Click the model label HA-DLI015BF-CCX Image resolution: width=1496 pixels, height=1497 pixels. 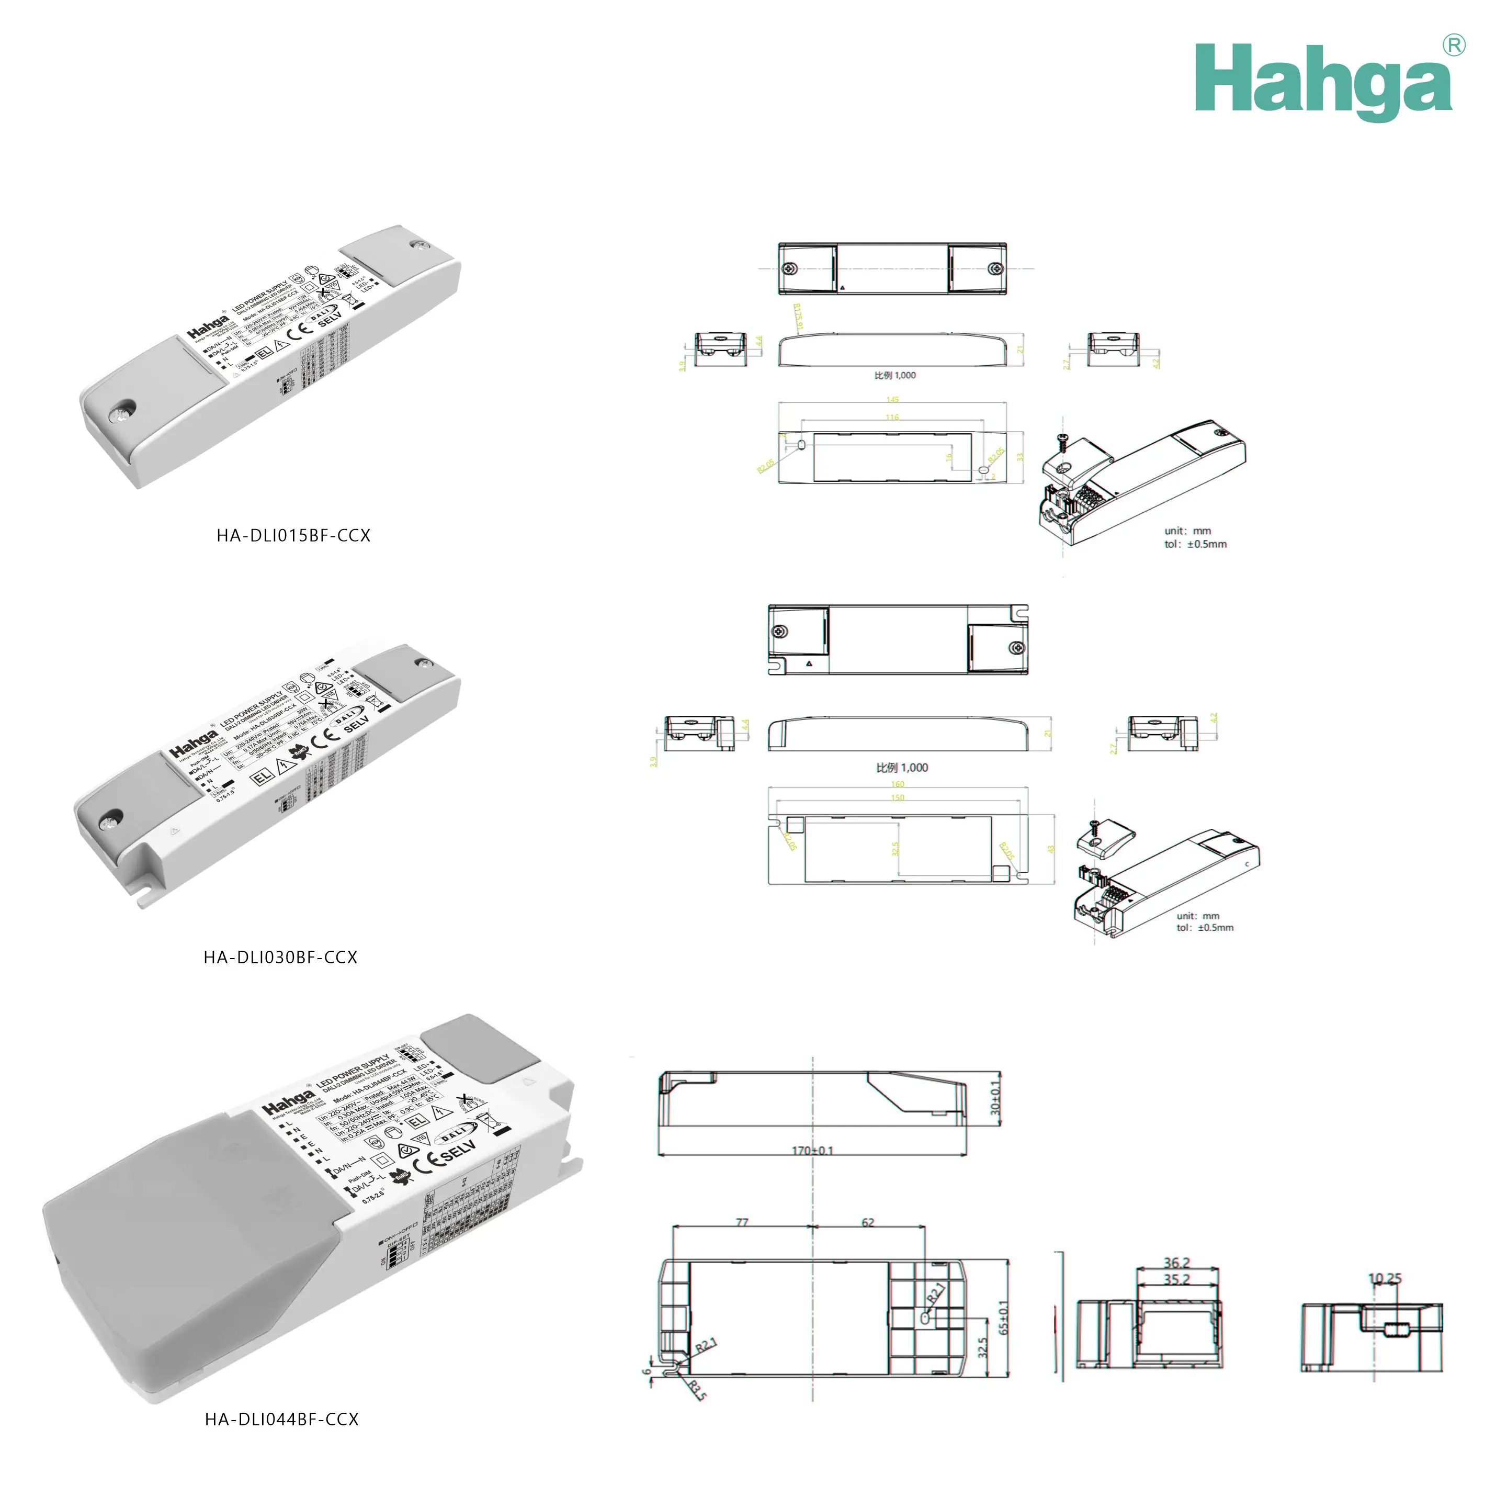pos(293,535)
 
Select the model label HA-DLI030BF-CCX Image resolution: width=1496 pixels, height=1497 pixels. pos(280,958)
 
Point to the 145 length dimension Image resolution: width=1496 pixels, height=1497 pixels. pos(892,400)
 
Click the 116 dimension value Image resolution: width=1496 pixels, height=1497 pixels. pos(892,417)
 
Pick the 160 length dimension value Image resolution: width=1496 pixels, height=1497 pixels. pos(897,784)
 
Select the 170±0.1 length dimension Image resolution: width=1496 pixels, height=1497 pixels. pos(812,1151)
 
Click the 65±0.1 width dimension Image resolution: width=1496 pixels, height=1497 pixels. pos(1003,1317)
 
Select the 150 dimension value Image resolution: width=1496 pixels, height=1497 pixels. pos(897,797)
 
